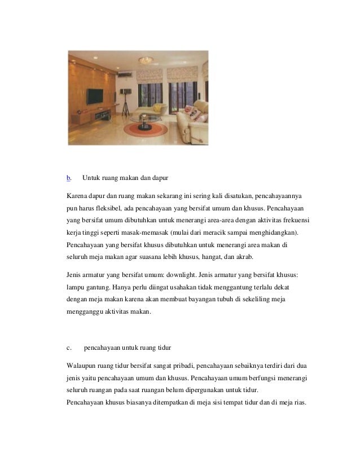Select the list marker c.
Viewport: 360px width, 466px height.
tap(68, 346)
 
